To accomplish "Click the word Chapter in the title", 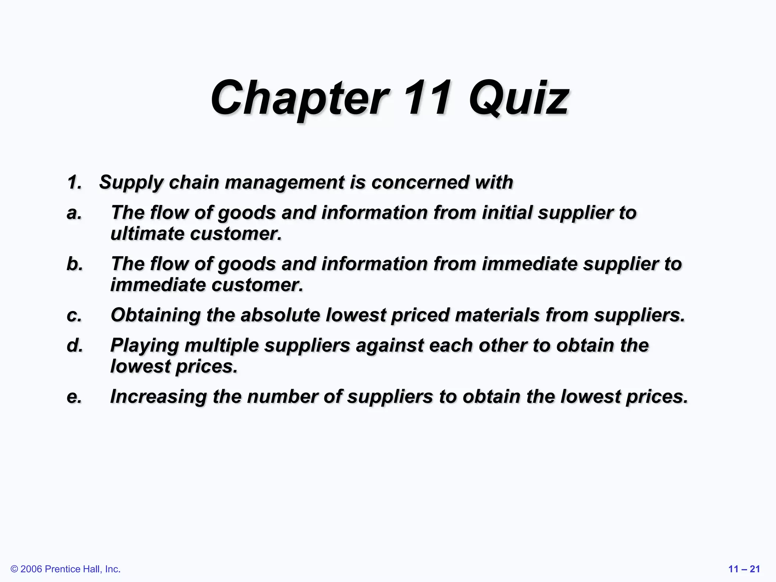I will click(x=299, y=99).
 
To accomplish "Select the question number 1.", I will click(x=74, y=182).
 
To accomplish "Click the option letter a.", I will click(x=74, y=213).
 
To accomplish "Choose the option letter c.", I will click(x=74, y=315).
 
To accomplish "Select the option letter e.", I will click(x=74, y=397).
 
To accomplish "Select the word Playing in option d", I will click(x=144, y=346).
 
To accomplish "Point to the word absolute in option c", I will click(x=280, y=315).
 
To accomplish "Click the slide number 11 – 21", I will click(x=744, y=569).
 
